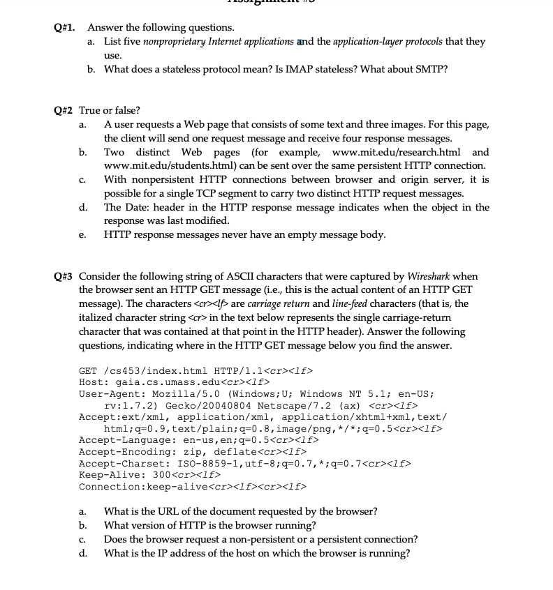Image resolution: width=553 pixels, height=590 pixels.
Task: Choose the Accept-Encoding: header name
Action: tap(128, 451)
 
